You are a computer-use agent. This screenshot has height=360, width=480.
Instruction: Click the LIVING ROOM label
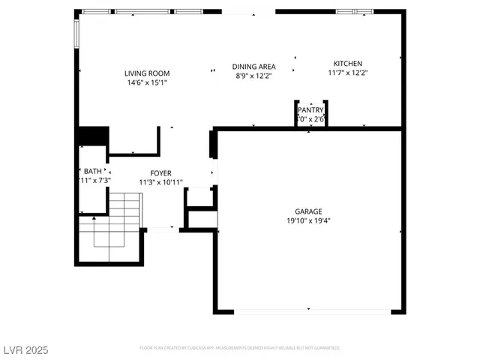tap(147, 73)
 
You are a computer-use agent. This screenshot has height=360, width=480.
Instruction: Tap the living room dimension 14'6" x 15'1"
tap(147, 83)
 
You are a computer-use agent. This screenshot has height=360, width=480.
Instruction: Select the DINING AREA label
tap(253, 66)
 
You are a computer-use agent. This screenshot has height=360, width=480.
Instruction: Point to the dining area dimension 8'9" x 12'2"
tap(253, 75)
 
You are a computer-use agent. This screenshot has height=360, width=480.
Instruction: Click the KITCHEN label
tap(347, 64)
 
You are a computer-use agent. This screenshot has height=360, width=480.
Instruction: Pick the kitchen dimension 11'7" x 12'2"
tap(347, 73)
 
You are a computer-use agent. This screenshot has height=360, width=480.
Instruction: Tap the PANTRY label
tap(310, 110)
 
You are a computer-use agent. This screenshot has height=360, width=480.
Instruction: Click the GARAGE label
tap(308, 211)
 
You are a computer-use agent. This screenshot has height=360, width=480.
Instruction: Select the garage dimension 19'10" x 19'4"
tap(308, 220)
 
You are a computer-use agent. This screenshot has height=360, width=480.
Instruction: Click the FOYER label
tap(160, 173)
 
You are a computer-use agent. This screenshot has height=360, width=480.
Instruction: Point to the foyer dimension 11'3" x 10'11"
tap(160, 182)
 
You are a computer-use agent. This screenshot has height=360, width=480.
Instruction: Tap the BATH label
tap(93, 171)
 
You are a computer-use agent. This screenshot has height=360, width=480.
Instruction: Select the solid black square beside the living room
tap(93, 137)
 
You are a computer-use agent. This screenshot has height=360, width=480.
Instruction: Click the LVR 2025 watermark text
tap(25, 350)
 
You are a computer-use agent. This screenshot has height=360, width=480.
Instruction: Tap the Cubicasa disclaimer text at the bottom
tap(240, 348)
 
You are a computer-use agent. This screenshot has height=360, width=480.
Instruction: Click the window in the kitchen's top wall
tap(355, 12)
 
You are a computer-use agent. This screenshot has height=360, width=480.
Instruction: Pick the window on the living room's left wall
tap(76, 32)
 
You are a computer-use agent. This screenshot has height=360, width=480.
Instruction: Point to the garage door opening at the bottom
tap(308, 310)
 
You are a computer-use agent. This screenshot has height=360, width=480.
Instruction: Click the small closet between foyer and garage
tap(200, 196)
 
